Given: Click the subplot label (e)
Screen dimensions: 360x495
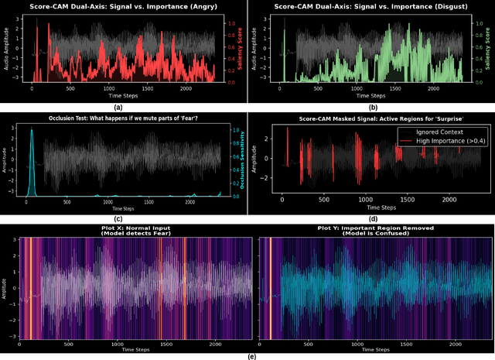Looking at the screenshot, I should [x=247, y=355].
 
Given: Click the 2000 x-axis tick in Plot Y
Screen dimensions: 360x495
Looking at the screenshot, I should [x=457, y=344].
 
